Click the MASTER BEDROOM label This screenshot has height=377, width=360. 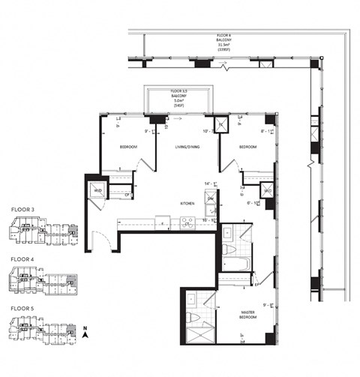250,315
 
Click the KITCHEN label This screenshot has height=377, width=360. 187,203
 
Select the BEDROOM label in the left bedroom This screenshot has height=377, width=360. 127,147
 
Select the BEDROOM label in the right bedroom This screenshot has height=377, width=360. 248,147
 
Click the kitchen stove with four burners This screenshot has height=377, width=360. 187,222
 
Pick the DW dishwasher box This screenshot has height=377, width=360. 211,198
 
